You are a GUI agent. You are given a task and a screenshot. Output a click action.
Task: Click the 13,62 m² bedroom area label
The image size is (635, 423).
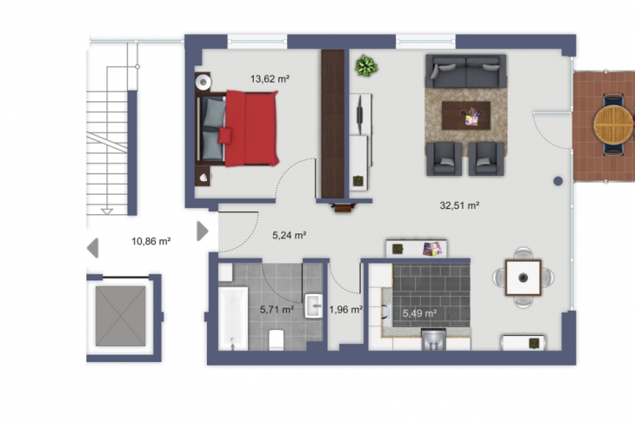[x=270, y=78]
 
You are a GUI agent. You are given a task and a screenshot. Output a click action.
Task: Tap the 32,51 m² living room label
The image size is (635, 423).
[x=459, y=205]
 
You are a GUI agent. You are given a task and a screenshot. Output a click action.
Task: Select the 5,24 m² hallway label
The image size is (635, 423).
[x=289, y=235]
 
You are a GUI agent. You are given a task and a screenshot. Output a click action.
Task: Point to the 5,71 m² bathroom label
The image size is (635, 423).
[x=277, y=310]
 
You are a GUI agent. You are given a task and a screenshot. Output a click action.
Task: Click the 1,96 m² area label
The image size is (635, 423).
[x=345, y=310]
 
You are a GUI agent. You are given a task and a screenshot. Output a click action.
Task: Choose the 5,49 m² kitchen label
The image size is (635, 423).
[x=419, y=313]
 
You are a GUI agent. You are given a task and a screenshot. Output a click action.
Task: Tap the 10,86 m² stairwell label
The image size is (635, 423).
[x=151, y=241]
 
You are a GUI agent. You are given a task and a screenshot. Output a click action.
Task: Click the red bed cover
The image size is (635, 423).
[x=252, y=129]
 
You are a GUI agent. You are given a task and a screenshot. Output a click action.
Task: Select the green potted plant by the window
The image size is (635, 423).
[x=366, y=66]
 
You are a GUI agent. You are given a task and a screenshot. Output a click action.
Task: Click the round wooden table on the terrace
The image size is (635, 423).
[x=613, y=124]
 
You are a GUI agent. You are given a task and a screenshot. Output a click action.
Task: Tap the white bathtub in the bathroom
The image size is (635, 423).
[x=233, y=319]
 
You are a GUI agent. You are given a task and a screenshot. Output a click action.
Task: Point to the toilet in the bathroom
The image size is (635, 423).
[x=277, y=340]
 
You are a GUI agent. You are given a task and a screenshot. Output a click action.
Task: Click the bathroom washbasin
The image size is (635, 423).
[x=313, y=305]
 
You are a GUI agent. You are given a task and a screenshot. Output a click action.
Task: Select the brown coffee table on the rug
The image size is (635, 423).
[x=465, y=116]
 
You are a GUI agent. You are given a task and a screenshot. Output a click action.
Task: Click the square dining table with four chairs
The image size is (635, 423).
[x=524, y=278]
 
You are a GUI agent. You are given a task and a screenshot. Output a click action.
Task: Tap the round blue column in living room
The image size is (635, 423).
[x=558, y=181]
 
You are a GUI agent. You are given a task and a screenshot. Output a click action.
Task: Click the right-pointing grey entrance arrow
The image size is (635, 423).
[x=203, y=232]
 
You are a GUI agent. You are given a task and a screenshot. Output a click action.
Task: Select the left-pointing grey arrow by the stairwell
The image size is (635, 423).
[x=93, y=248]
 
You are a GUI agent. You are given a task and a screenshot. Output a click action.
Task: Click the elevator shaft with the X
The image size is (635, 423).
[x=121, y=317]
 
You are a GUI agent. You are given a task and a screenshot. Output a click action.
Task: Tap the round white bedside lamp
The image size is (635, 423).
[x=203, y=83]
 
